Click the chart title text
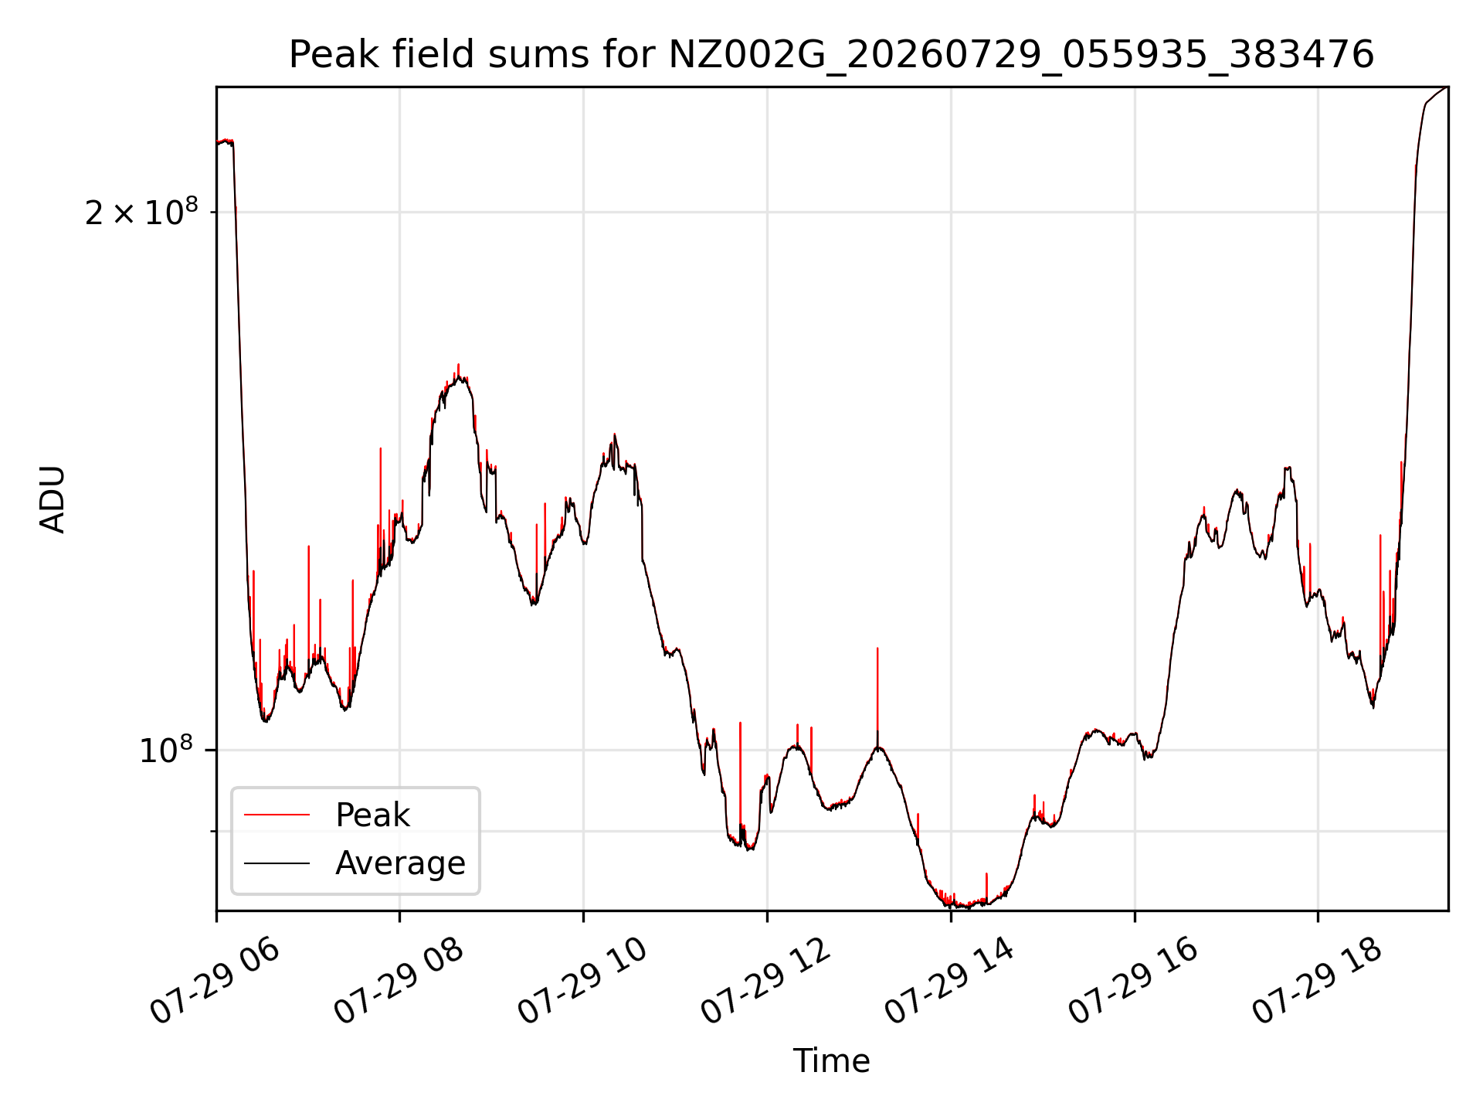[831, 55]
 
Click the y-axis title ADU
[53, 499]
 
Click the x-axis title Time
[831, 1061]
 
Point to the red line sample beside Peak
[277, 815]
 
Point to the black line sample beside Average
[277, 863]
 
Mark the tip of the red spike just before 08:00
[380, 448]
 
